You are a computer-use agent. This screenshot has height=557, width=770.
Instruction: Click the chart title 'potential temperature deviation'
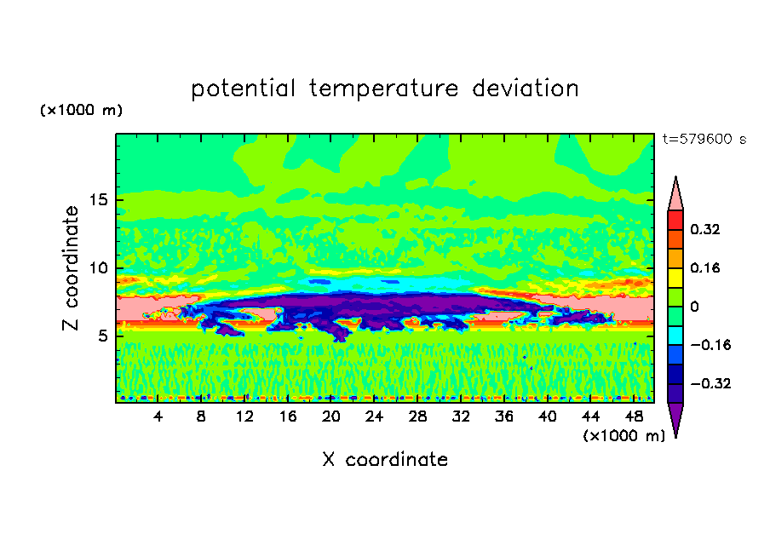click(385, 89)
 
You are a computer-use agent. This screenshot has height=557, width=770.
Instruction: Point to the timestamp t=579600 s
click(704, 140)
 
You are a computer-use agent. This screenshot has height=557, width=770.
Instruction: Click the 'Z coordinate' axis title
click(71, 268)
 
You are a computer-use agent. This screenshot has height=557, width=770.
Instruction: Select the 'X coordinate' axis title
click(385, 460)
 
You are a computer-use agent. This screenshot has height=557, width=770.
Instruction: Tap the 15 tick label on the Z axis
click(99, 200)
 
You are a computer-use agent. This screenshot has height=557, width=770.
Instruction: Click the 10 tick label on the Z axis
click(99, 268)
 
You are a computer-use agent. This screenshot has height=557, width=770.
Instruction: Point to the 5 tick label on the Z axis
click(102, 336)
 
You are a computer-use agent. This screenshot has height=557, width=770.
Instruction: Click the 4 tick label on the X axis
click(158, 417)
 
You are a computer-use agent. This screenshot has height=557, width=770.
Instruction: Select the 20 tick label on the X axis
click(331, 417)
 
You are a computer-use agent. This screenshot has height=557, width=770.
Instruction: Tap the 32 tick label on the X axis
click(461, 417)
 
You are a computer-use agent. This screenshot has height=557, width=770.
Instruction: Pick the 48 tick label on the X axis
click(634, 417)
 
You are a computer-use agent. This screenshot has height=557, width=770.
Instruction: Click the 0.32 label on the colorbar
click(705, 229)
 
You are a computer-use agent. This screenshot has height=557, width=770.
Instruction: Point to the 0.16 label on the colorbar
click(705, 268)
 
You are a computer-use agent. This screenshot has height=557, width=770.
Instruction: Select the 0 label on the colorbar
click(694, 307)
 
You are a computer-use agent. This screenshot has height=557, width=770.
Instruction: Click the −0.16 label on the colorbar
click(710, 345)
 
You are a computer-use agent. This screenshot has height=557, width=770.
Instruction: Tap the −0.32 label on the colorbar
click(710, 383)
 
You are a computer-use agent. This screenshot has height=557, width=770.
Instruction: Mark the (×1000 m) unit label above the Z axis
click(81, 110)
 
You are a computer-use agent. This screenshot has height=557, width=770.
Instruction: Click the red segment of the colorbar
click(675, 220)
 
